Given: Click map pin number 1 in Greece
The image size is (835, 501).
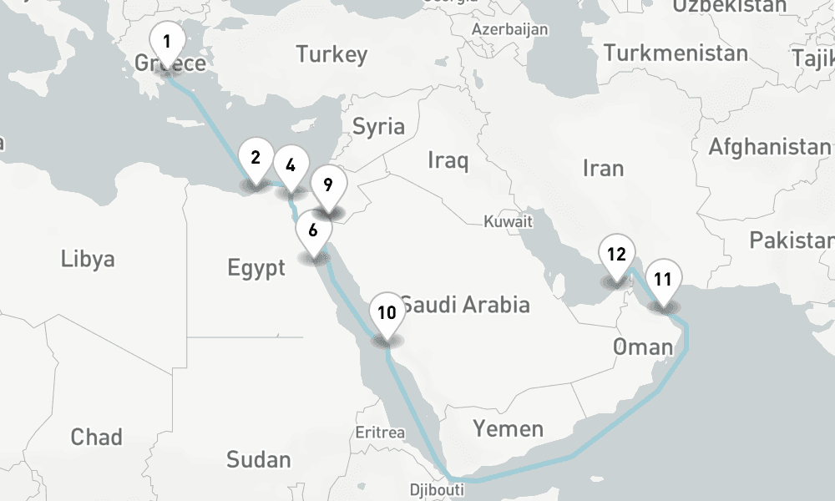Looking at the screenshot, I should click(167, 43).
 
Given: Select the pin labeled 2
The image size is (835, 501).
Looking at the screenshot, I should click(256, 158).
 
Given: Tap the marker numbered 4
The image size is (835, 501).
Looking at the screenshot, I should click(290, 165).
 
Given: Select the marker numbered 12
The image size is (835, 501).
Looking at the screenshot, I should click(616, 256).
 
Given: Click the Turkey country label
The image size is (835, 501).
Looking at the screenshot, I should click(331, 56).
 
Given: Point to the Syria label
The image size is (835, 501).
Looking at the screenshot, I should click(378, 127).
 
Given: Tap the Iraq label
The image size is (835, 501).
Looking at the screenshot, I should click(448, 159).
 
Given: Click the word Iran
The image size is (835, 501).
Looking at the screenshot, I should click(603, 169).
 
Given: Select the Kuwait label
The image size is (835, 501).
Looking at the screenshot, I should click(508, 222).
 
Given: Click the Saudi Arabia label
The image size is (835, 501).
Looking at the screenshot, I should click(465, 305).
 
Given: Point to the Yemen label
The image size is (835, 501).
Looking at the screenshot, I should click(508, 429).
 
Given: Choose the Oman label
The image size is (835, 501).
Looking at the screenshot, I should click(642, 347).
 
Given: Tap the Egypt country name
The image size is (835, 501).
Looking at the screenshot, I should click(256, 268).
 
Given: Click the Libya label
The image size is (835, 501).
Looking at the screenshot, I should click(88, 259).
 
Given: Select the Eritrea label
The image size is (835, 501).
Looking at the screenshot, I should click(380, 433).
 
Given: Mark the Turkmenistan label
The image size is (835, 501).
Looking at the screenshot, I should click(676, 53).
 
